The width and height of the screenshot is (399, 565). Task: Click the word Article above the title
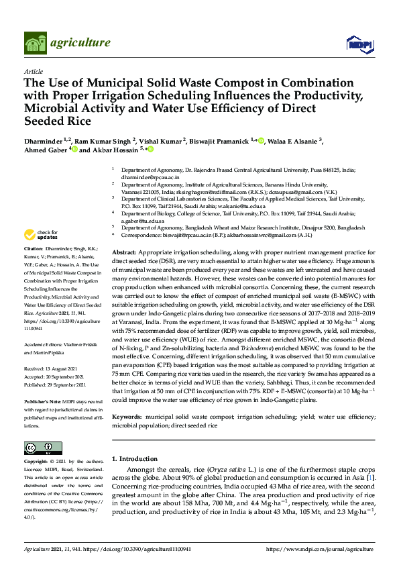click(33, 70)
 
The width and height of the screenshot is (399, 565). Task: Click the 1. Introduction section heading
click(138, 459)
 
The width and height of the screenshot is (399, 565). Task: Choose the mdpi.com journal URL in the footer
click(329, 550)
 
